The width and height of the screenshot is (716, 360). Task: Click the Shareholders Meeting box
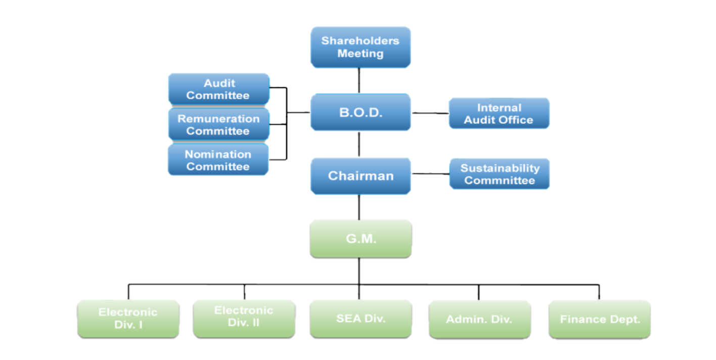(x=361, y=47)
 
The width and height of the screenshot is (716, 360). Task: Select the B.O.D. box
(x=361, y=112)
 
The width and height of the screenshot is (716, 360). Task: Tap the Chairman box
(x=361, y=176)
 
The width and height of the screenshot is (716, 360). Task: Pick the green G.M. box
(x=361, y=239)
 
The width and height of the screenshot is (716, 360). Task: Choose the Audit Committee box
(x=218, y=89)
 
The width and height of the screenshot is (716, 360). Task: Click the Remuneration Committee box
(x=218, y=124)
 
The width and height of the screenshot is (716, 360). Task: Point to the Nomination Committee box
(x=218, y=160)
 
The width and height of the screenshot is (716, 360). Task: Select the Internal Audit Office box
(x=499, y=113)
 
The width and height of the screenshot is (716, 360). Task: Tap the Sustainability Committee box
(x=499, y=174)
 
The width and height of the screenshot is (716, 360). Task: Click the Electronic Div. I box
(x=128, y=319)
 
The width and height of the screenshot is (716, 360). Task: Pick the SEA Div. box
(x=361, y=319)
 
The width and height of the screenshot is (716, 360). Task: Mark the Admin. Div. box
(x=479, y=319)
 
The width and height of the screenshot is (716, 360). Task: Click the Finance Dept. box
(x=600, y=319)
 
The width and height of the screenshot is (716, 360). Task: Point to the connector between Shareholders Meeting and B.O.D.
(x=360, y=80)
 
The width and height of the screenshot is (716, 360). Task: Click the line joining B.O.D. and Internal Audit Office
(x=430, y=112)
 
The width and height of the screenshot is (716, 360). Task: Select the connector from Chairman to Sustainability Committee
(x=430, y=174)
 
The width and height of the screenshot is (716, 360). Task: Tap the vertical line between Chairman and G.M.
(x=360, y=207)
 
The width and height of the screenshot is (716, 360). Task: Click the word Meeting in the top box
(x=361, y=54)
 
